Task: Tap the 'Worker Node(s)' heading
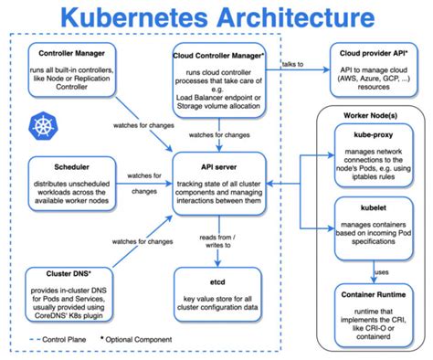coord(370,120)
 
